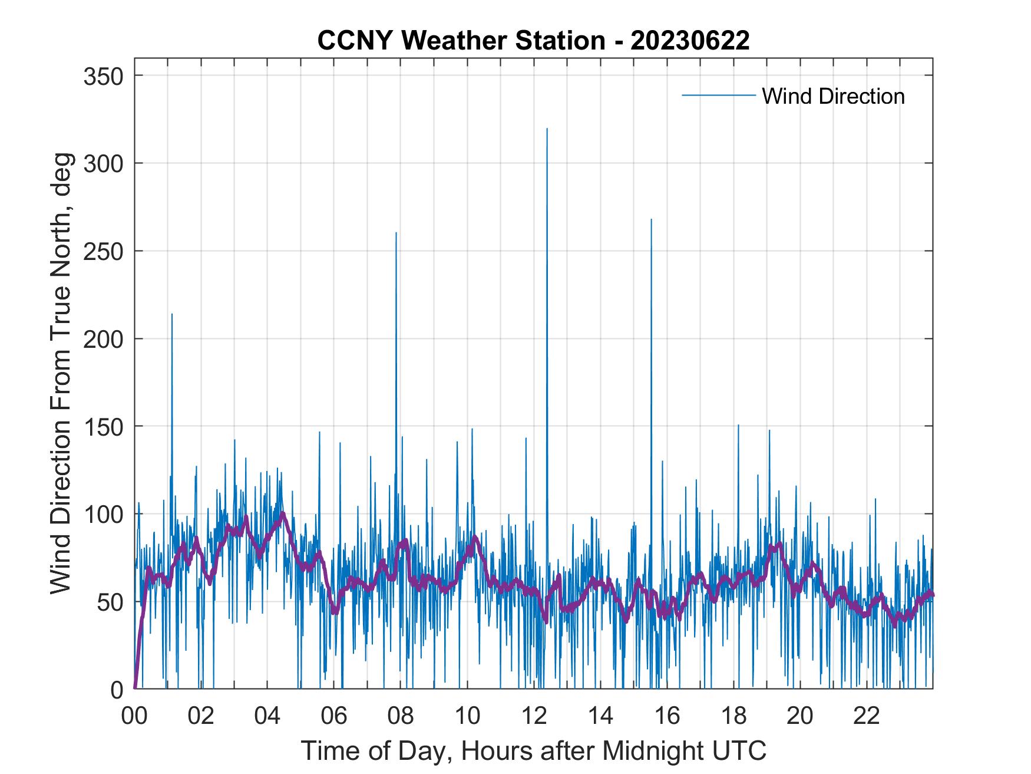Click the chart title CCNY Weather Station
tap(533, 41)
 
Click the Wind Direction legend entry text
tap(833, 96)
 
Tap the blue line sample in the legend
tap(718, 95)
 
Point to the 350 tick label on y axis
tap(103, 76)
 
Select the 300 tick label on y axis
tap(103, 163)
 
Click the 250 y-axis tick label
tap(103, 251)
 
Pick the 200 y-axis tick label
tap(103, 339)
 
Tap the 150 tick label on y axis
tap(103, 426)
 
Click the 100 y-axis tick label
tap(103, 514)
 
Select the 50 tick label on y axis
tap(110, 602)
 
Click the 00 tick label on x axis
tap(134, 716)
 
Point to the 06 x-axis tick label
tap(334, 716)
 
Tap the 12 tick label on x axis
tap(534, 716)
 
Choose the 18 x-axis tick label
tap(733, 716)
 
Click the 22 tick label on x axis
tap(867, 716)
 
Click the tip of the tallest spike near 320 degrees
tap(547, 129)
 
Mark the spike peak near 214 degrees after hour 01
tap(172, 314)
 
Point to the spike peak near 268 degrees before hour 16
tap(651, 219)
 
